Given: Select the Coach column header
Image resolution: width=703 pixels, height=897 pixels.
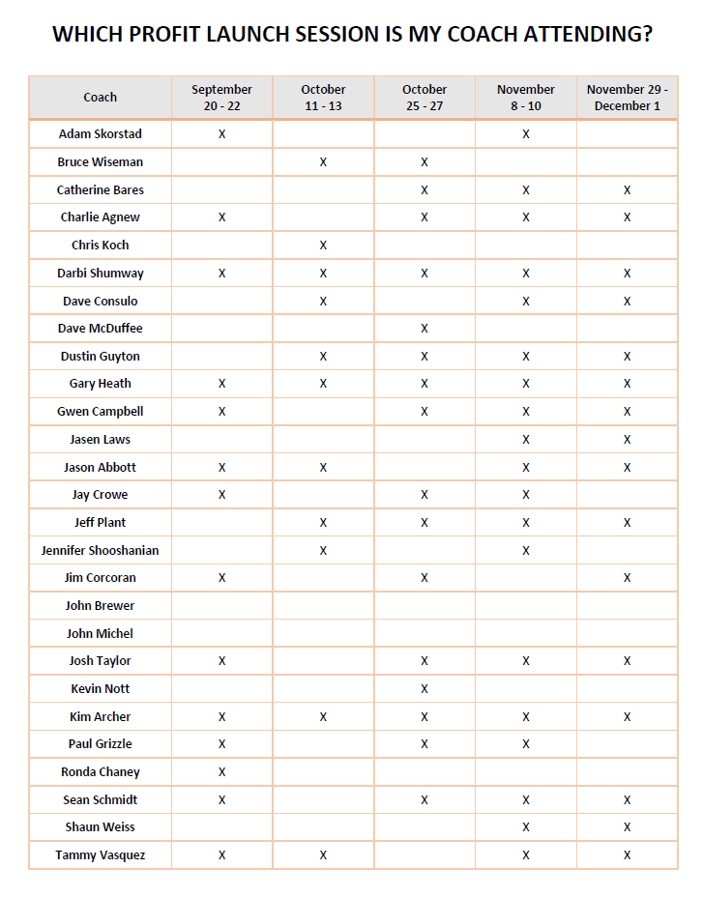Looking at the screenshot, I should coord(101,97).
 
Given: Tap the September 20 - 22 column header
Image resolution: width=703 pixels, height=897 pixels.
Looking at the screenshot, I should coord(221,97).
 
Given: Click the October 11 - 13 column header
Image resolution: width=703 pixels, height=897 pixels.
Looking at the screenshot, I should coord(323,97).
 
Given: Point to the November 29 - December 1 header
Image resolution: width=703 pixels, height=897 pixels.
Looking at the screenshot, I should coord(627,97).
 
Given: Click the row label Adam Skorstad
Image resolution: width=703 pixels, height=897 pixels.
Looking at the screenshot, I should coord(101,133).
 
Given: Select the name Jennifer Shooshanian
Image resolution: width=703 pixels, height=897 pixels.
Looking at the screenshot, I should coord(101,550).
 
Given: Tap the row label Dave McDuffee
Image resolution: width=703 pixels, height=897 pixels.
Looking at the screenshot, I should coord(101,328).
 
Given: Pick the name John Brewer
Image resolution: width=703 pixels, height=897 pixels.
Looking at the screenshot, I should coord(101,605).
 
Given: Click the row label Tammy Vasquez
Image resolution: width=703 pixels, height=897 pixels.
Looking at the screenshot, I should coord(101,854).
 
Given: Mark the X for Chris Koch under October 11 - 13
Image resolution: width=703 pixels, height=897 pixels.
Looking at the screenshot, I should coord(323,246).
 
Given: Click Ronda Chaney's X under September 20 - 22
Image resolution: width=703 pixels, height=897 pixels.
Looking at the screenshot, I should coord(221,772).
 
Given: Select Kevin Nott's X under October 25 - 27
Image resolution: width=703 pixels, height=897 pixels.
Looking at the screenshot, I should coord(425,689).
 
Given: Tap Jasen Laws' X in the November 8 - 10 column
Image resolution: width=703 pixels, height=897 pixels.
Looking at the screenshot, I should coord(526,440).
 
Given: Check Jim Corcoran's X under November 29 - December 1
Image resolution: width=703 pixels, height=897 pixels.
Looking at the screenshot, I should coord(627,578).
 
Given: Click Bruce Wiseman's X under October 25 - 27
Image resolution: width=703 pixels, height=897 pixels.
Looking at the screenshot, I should coord(425,162).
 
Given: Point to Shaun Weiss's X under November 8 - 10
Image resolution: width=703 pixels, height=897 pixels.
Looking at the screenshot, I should coord(526,827).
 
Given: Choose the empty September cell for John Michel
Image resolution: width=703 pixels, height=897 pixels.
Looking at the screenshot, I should coord(221,633).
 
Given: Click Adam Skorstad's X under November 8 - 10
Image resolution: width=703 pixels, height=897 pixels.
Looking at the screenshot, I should coord(526,134).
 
